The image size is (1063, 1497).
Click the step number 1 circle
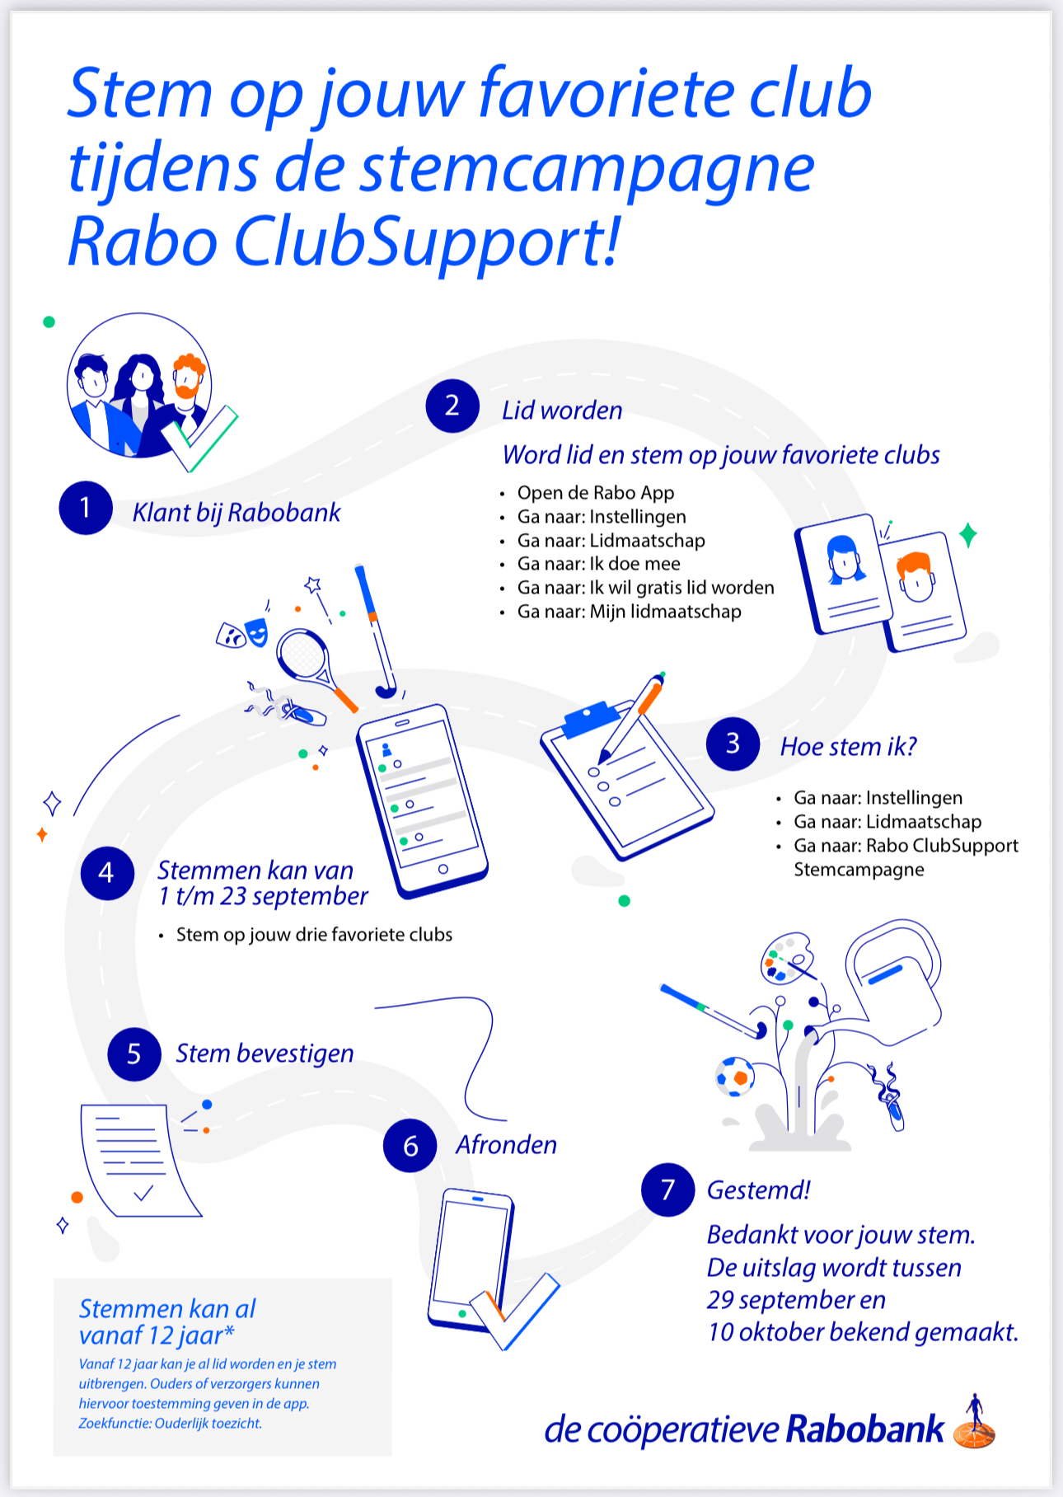86,508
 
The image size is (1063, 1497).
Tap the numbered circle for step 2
452,406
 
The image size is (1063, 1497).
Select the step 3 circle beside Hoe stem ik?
733,744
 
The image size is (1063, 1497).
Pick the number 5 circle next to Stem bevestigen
134,1054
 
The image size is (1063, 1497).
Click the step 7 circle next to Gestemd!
667,1190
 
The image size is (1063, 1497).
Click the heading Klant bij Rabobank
236,513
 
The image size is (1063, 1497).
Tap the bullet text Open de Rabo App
596,493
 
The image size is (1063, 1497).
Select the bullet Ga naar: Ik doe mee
599,564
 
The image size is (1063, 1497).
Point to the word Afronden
507,1145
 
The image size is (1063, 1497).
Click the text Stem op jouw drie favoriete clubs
314,935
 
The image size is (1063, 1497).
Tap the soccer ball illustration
734,1077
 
